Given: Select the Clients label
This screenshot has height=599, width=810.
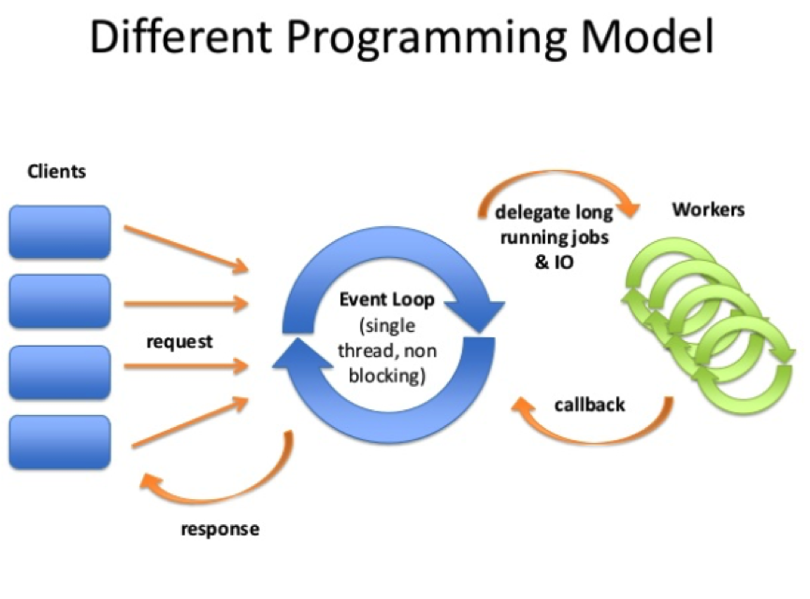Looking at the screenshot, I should [x=56, y=171].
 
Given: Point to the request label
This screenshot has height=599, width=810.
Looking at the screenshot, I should [x=179, y=341].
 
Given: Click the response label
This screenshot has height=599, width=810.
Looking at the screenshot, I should [x=220, y=529].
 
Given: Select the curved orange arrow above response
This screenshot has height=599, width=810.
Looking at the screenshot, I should [x=224, y=477].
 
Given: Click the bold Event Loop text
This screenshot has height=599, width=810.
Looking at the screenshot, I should [x=386, y=301].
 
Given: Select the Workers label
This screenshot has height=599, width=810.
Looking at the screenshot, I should [x=708, y=209].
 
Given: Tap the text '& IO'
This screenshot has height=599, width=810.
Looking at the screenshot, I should [x=554, y=263].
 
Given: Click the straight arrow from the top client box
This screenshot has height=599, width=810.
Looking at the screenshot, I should [x=187, y=249].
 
